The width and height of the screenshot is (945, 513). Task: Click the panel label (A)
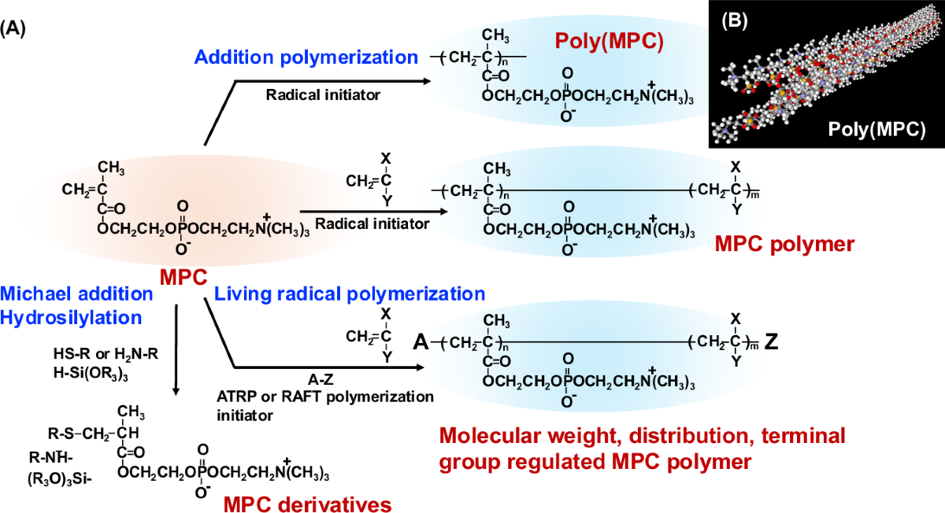pos(15,29)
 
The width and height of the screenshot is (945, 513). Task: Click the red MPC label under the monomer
pos(184,277)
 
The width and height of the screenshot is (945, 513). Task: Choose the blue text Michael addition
pos(77,295)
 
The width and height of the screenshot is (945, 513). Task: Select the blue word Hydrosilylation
pos(71,316)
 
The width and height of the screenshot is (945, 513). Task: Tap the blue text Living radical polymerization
pos(350,295)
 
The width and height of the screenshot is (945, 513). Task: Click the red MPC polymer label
pos(784,245)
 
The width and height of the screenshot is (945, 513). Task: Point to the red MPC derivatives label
pos(308,501)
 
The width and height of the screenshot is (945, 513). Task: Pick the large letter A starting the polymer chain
pos(420,344)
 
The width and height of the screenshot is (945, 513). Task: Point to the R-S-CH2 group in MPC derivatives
pos(73,433)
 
